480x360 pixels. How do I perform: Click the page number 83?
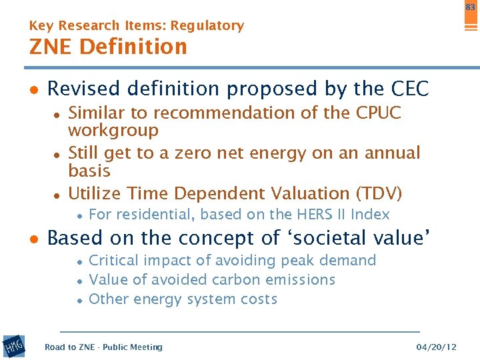tap(471, 7)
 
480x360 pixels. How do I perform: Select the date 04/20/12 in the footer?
tap(436, 347)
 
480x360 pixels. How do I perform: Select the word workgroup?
tap(113, 131)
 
